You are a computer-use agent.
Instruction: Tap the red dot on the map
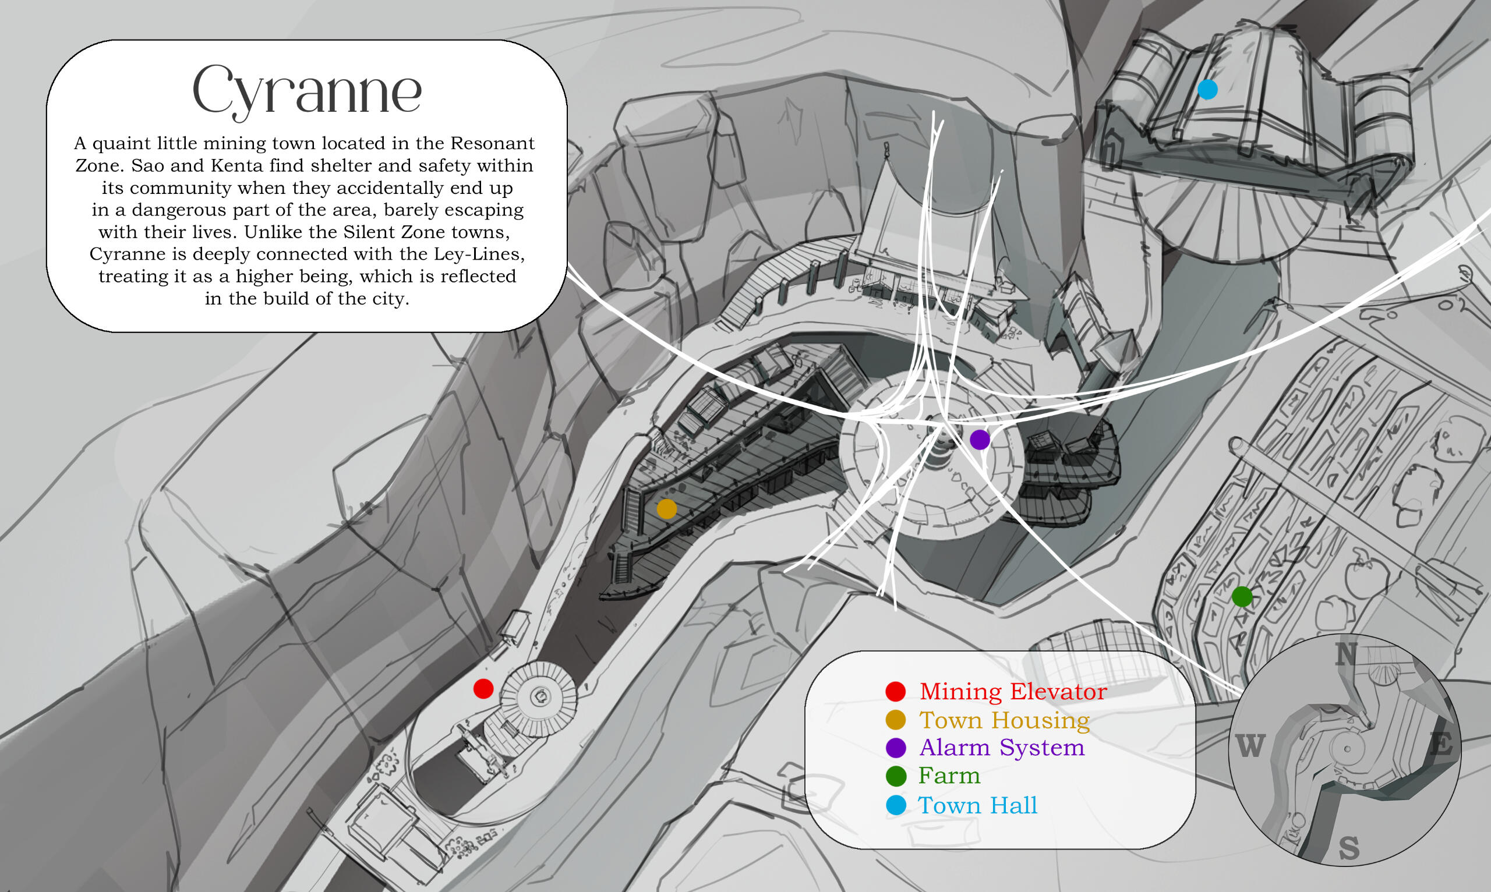pyautogui.click(x=483, y=689)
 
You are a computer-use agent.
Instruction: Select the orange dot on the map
pyautogui.click(x=667, y=508)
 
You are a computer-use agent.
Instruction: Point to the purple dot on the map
pyautogui.click(x=980, y=440)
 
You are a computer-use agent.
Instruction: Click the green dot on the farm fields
pyautogui.click(x=1242, y=597)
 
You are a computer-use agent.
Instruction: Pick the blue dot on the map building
pyautogui.click(x=1208, y=90)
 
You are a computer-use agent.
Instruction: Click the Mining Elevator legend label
pyautogui.click(x=1013, y=691)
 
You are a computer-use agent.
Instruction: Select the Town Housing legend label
pyautogui.click(x=1005, y=720)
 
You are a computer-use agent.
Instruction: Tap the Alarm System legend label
pyautogui.click(x=1002, y=748)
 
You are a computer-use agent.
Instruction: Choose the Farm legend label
pyautogui.click(x=949, y=776)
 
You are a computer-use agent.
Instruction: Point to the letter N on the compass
pyautogui.click(x=1347, y=654)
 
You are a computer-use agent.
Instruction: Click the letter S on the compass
pyautogui.click(x=1349, y=848)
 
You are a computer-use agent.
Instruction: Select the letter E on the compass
pyautogui.click(x=1441, y=744)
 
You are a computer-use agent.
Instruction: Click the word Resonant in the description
pyautogui.click(x=492, y=143)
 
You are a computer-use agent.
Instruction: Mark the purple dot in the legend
pyautogui.click(x=896, y=748)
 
